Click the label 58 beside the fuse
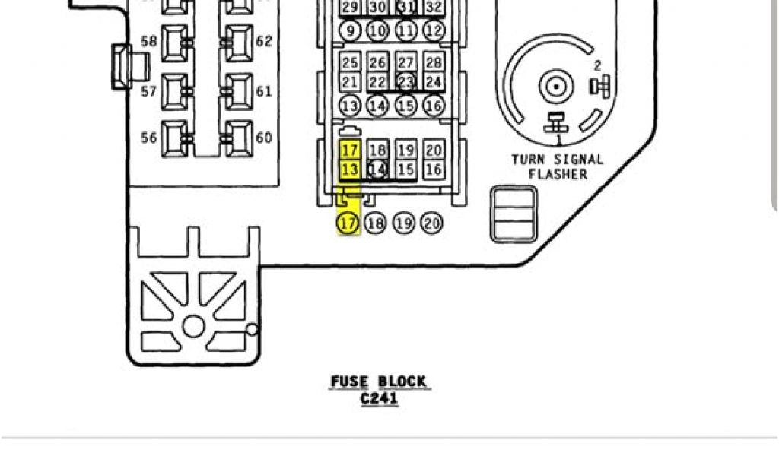[149, 41]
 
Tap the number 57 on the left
[149, 92]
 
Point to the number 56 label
[149, 138]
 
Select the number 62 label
[264, 41]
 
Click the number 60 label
[264, 138]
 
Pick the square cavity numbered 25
[349, 62]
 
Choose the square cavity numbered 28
[433, 62]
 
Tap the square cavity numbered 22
[377, 82]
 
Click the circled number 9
[349, 30]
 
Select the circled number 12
[433, 30]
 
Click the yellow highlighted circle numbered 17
[348, 223]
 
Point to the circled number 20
[432, 223]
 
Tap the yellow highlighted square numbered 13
[349, 169]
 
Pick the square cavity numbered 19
[405, 150]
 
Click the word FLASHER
[559, 174]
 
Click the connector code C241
[379, 398]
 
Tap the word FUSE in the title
[349, 382]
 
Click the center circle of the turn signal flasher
[555, 86]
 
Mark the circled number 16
[433, 106]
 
